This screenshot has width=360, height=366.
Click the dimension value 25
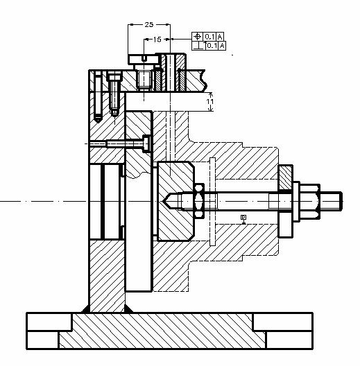tap(149, 24)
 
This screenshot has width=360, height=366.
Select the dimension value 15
tap(157, 40)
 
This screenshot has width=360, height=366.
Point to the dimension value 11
tap(210, 102)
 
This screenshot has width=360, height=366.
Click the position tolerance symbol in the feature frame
tap(198, 37)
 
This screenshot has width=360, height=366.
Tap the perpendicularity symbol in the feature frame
tap(198, 46)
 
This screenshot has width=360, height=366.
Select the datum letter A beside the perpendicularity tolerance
tap(222, 46)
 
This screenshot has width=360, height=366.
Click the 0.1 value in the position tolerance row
tap(209, 37)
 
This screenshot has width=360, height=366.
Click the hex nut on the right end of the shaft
tap(310, 201)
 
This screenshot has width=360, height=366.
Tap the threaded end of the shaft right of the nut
tap(331, 201)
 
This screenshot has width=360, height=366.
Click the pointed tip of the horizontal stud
tap(163, 201)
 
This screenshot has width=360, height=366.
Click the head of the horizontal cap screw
tap(146, 143)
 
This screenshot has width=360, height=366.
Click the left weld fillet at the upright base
tap(85, 309)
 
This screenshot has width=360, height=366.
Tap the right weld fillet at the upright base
tap(128, 309)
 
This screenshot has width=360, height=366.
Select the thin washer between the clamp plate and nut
tap(296, 202)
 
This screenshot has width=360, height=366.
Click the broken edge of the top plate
tap(204, 80)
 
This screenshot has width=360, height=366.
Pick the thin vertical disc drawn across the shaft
tap(212, 202)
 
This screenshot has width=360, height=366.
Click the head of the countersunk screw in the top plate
tap(114, 76)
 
